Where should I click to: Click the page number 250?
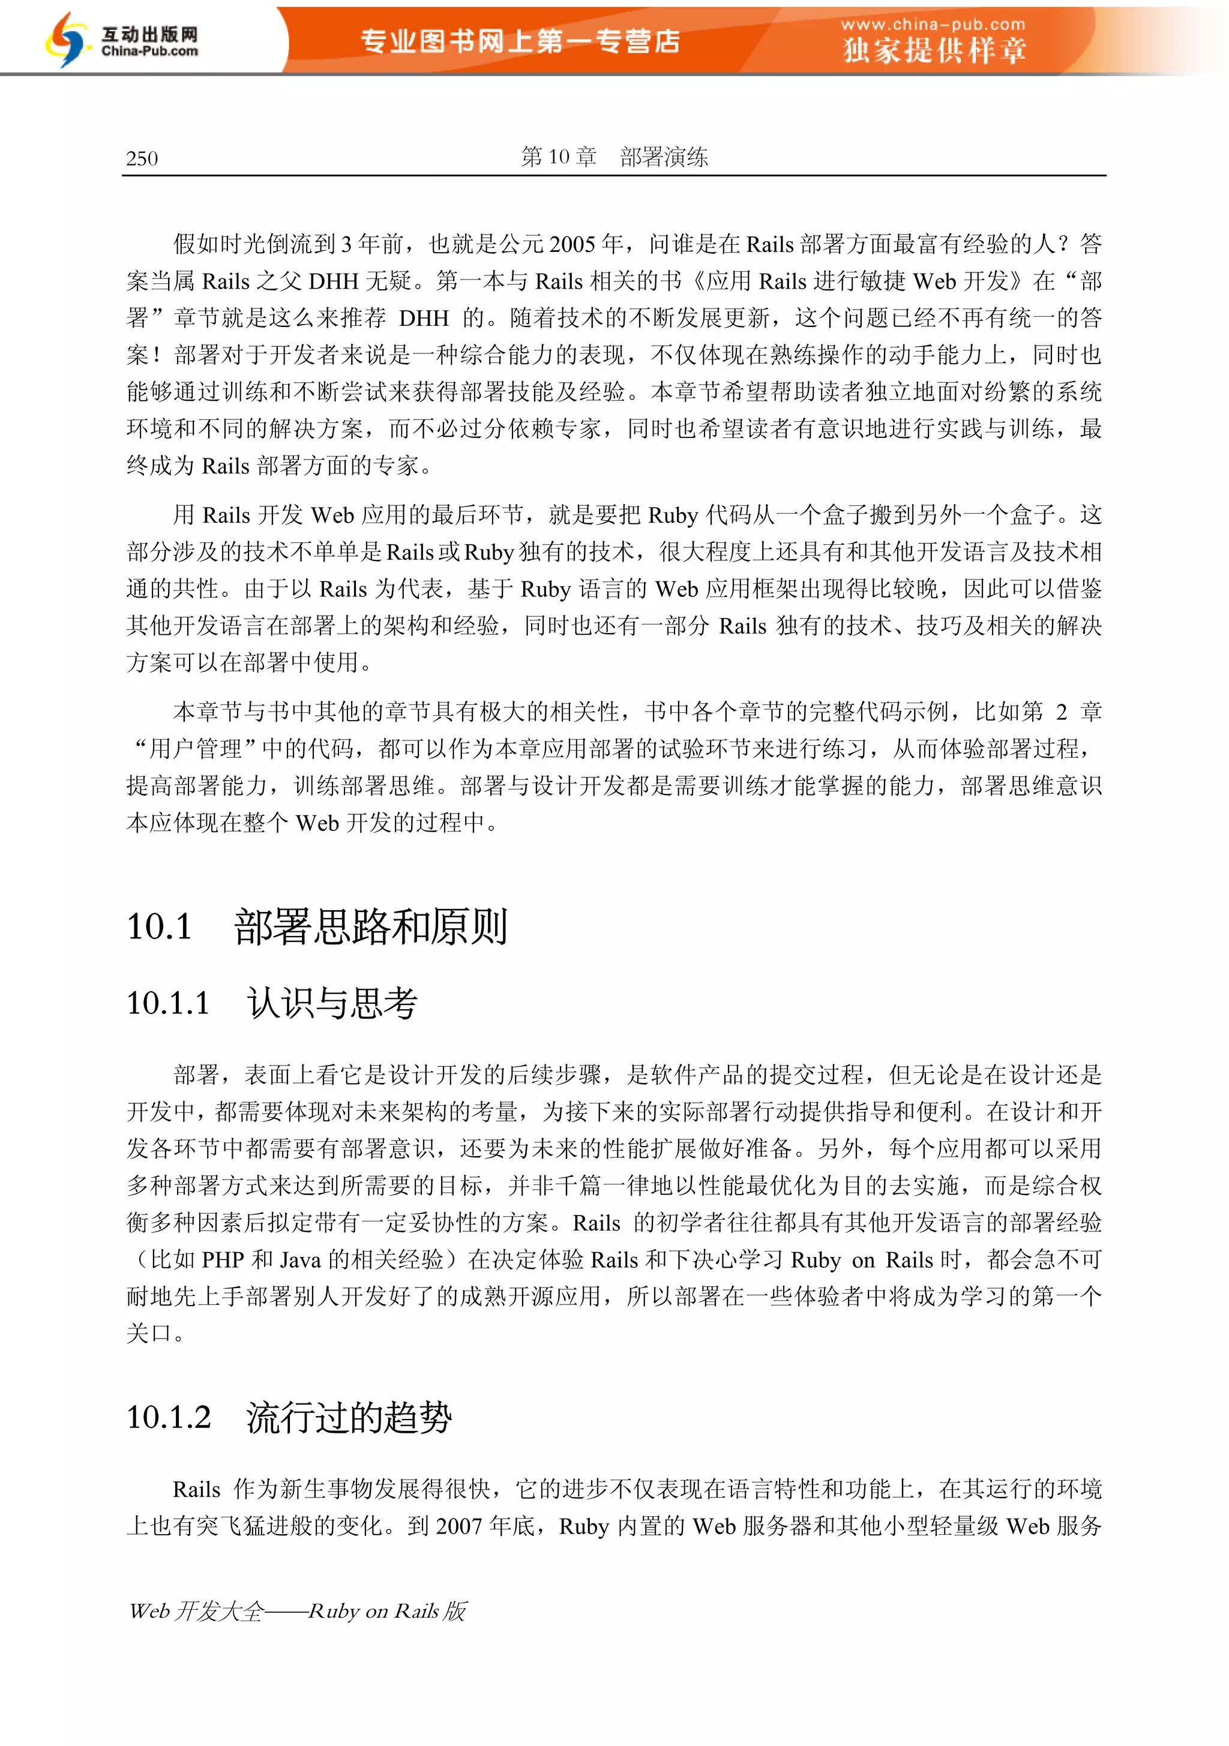tap(142, 158)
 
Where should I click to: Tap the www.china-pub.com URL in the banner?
tap(933, 25)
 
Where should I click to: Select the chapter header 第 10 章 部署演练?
tap(614, 157)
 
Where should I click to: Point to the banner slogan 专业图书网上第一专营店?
tap(520, 41)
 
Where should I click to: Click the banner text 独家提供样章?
tap(934, 51)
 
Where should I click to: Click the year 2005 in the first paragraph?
tap(572, 244)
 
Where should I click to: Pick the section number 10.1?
tap(160, 926)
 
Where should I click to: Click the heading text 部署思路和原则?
tap(370, 926)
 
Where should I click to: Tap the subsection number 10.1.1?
tap(168, 1002)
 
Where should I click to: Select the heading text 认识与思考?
tap(332, 1002)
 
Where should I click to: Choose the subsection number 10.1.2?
tap(169, 1417)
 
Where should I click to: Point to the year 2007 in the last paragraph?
tap(459, 1525)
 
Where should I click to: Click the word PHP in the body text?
tap(223, 1259)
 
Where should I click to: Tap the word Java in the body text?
tap(301, 1259)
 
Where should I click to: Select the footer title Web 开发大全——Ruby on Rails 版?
tap(298, 1610)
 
